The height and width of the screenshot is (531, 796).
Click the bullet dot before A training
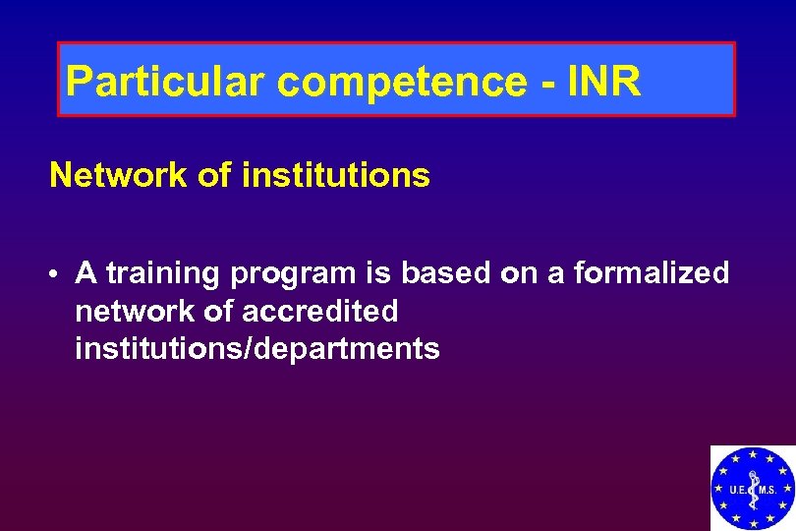click(59, 274)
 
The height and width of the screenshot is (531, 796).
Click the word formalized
click(651, 272)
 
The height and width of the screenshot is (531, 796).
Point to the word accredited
click(319, 311)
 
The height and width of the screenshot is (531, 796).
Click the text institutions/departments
click(256, 348)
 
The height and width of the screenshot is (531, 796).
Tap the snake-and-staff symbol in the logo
click(753, 491)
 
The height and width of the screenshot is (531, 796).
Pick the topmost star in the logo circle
click(753, 454)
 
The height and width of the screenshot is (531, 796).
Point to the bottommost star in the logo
click(753, 524)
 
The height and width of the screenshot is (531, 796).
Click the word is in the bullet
click(374, 272)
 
